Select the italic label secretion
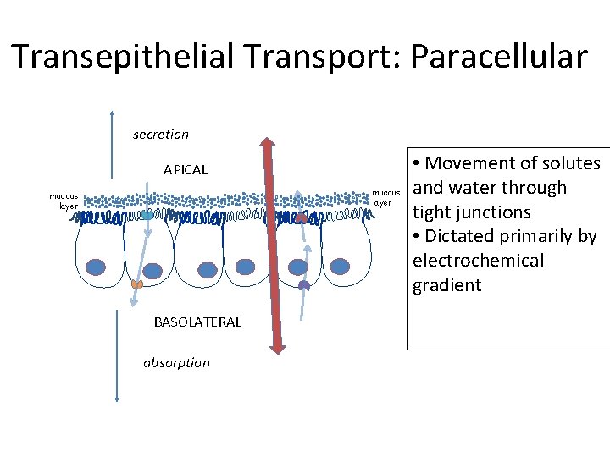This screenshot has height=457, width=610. pos(161,135)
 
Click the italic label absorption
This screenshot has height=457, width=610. pos(176,363)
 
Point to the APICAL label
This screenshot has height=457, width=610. pos(185,170)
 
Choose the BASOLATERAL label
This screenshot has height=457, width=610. pos(197,322)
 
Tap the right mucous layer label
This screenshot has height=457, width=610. pos(385,198)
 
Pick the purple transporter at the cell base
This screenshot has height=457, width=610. pos(304,286)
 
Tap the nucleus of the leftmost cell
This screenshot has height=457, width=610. pos(97,267)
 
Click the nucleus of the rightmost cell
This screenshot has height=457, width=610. pos(340,267)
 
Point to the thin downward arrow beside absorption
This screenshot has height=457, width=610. pos(117,355)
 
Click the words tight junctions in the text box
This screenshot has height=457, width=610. pos(471,212)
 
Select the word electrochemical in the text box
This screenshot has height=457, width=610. pos(478,261)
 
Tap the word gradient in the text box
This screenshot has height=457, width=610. pos(446,285)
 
